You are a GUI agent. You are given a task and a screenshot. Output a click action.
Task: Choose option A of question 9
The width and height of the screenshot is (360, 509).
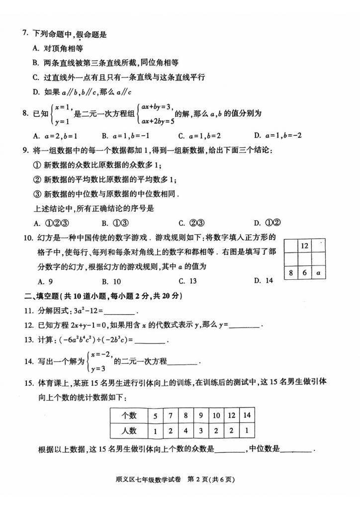click(50, 223)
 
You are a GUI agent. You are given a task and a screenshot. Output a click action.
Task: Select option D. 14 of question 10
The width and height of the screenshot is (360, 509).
click(263, 281)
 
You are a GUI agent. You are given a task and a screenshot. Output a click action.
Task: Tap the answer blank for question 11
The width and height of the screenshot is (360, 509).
click(119, 312)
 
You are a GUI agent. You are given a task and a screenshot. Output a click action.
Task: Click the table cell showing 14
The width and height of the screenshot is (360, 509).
click(247, 415)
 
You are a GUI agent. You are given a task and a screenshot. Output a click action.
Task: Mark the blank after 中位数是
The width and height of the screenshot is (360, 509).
click(296, 451)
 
